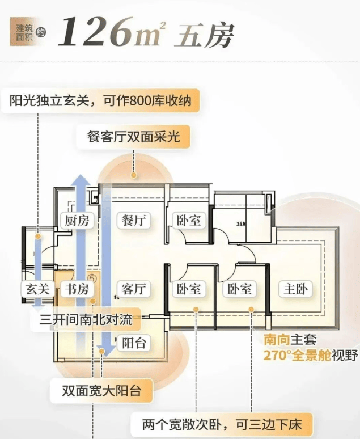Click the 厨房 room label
[77, 221]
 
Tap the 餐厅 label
[135, 221]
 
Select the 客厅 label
[135, 289]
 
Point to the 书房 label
[77, 289]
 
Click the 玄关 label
[38, 289]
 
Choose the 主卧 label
[296, 289]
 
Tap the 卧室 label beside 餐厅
[188, 221]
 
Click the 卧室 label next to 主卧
[240, 289]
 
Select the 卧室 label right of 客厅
[188, 289]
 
